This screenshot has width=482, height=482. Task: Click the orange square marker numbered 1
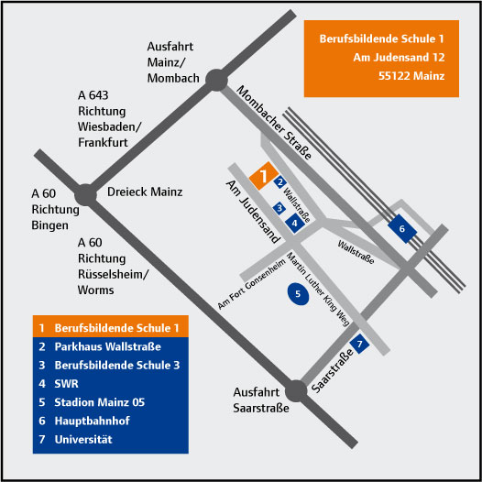point(264,176)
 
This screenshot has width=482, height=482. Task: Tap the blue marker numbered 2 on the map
point(279,182)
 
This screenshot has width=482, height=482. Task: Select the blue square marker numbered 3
point(279,208)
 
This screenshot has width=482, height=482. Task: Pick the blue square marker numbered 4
point(295,223)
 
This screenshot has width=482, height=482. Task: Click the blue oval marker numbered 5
point(298,294)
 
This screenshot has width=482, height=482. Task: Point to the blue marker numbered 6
point(402,229)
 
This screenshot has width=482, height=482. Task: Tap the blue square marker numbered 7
point(359,344)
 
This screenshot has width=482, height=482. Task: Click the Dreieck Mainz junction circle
point(86,195)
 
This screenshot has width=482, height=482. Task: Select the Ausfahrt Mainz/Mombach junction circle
point(216,80)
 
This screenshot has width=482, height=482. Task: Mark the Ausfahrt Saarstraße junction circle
point(296,391)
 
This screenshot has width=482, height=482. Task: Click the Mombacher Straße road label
point(274,123)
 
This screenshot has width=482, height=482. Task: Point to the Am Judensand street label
point(253,212)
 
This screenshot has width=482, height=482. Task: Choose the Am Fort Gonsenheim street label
point(251,283)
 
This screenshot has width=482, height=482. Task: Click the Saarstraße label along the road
point(333,370)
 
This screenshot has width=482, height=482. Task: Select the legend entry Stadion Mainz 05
point(99,402)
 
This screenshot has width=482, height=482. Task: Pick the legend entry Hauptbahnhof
point(92,421)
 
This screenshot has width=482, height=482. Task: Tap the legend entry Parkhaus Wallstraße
point(107,346)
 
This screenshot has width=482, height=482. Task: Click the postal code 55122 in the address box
point(392,76)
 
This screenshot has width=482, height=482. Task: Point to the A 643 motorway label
point(93,95)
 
